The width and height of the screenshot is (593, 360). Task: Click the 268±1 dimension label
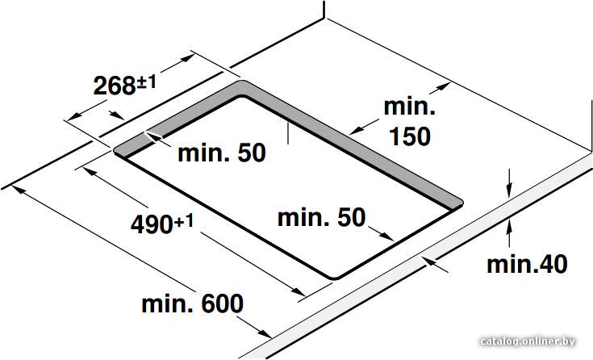124,86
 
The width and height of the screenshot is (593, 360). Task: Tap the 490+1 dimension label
162,224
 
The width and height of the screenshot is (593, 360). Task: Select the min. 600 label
193,303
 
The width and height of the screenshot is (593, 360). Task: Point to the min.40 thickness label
527,264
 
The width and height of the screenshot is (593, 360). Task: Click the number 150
410,136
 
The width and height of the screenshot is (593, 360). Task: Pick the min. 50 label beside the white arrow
222,153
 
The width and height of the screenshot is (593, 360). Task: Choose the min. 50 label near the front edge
322,218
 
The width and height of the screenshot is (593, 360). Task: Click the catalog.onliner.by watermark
528,341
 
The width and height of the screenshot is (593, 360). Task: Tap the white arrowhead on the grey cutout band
152,136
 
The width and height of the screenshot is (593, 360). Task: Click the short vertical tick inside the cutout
288,133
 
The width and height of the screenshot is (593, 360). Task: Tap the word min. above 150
410,107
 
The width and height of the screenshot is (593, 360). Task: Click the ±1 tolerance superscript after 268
146,82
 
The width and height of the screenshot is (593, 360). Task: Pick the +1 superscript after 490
184,221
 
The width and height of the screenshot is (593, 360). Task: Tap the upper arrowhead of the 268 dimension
187,58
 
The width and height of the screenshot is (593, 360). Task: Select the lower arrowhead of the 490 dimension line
298,292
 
